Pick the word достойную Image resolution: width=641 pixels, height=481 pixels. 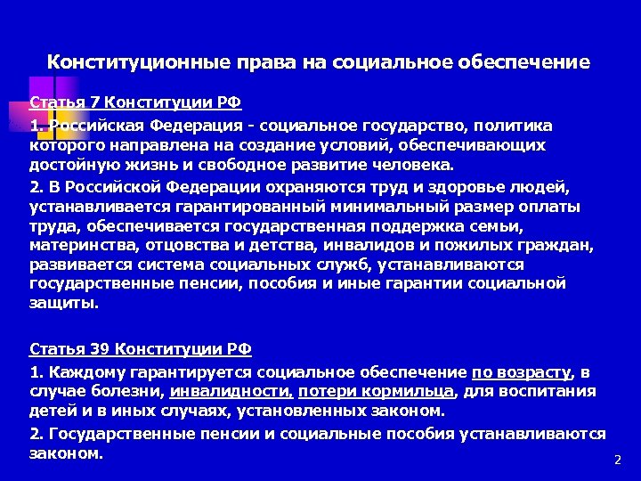(x=72, y=165)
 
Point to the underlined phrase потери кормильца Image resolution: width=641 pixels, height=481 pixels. (x=377, y=391)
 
